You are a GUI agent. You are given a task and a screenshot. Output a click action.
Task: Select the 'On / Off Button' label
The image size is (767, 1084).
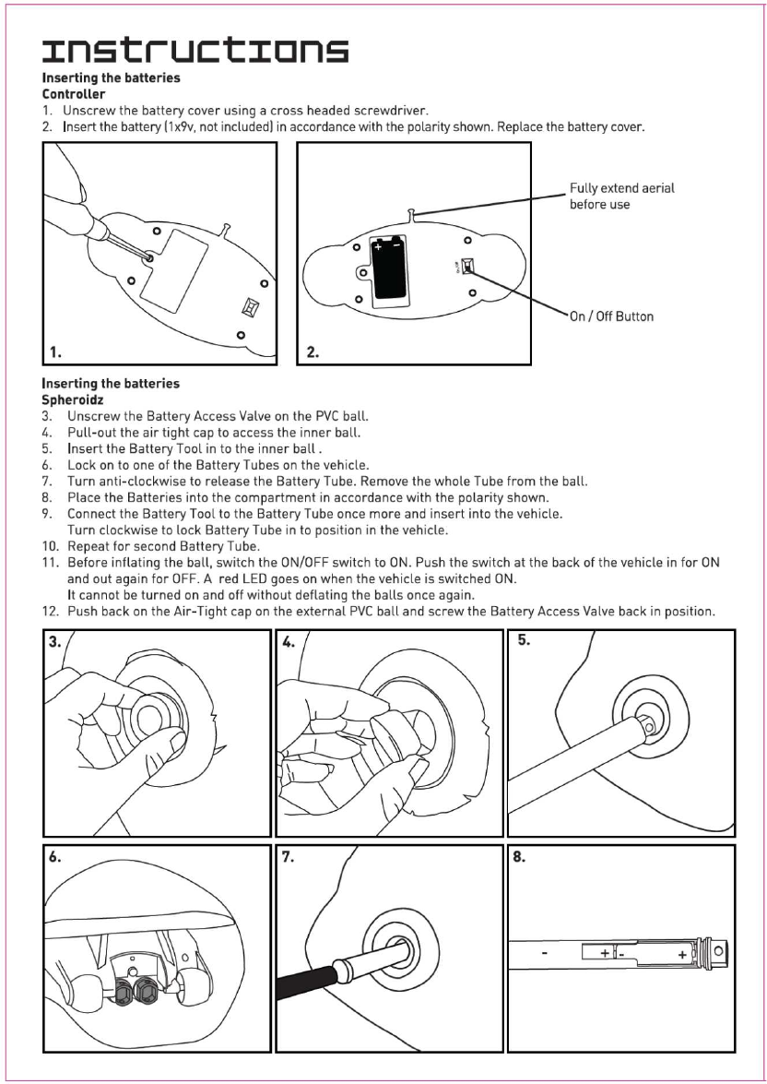tap(611, 316)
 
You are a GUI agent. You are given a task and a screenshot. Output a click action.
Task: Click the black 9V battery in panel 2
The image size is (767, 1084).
tap(386, 270)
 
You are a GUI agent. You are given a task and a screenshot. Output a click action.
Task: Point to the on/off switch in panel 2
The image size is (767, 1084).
tap(467, 267)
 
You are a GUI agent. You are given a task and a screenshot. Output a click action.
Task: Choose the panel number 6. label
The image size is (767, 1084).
tap(58, 856)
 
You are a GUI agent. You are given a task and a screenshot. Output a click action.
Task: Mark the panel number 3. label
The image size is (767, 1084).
tap(58, 643)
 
